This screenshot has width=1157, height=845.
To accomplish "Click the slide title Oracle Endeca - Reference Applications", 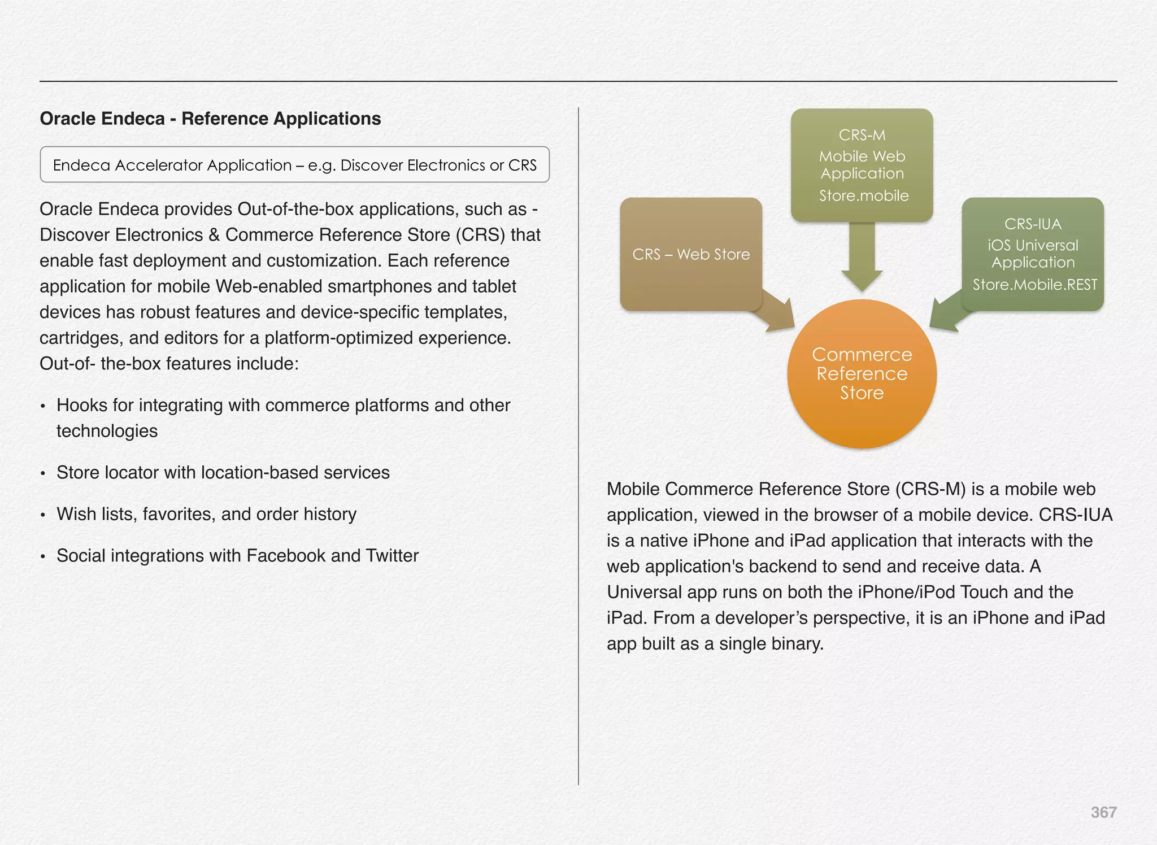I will point(210,119).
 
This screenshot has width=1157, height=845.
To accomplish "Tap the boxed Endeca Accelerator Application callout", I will point(294,165).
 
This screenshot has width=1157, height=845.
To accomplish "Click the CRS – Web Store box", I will point(690,254).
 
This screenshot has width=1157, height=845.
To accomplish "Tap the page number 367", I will point(1103,812).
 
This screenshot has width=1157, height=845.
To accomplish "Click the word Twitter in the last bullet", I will point(392,556).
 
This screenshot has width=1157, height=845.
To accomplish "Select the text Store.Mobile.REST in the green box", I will point(1034,285).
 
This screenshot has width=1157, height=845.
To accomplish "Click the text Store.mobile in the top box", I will point(864,196).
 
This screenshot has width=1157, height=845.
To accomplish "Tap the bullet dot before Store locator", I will point(43,473).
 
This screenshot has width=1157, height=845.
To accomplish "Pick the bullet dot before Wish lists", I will point(43,515).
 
